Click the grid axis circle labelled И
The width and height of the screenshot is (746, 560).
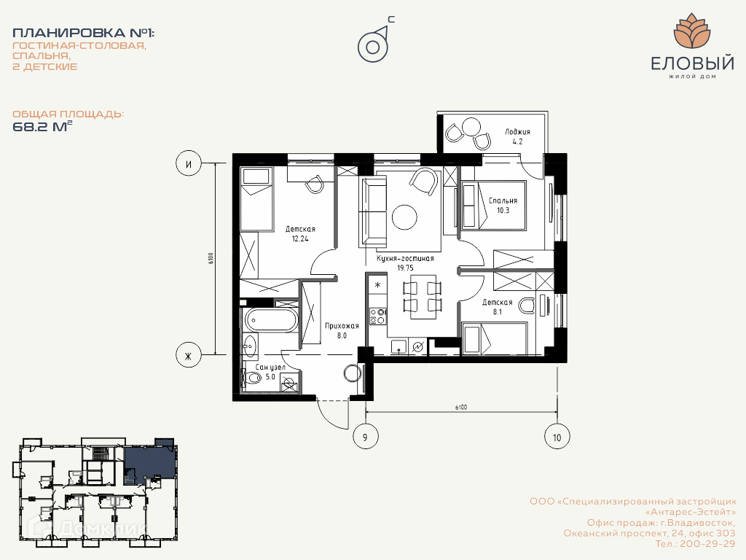[189, 164]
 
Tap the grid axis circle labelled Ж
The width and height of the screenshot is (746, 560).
[189, 355]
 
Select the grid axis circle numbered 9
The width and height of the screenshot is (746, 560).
[366, 437]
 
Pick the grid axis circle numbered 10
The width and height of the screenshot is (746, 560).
[557, 437]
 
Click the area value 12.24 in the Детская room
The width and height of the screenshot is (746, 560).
[300, 239]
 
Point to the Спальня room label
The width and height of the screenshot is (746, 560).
[503, 201]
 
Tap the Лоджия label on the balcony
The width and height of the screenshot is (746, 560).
[518, 132]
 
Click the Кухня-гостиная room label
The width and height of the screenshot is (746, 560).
[405, 259]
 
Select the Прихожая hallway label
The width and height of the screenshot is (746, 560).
[342, 326]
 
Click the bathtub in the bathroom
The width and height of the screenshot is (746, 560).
[270, 319]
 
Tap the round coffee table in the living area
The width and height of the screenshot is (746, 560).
[404, 217]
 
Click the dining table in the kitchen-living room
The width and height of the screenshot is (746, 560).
[423, 296]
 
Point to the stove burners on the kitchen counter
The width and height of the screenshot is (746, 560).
[378, 316]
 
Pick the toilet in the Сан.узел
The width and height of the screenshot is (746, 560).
[251, 378]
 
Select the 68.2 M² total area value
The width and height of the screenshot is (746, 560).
[42, 127]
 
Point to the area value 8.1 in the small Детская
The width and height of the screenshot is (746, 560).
[497, 312]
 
